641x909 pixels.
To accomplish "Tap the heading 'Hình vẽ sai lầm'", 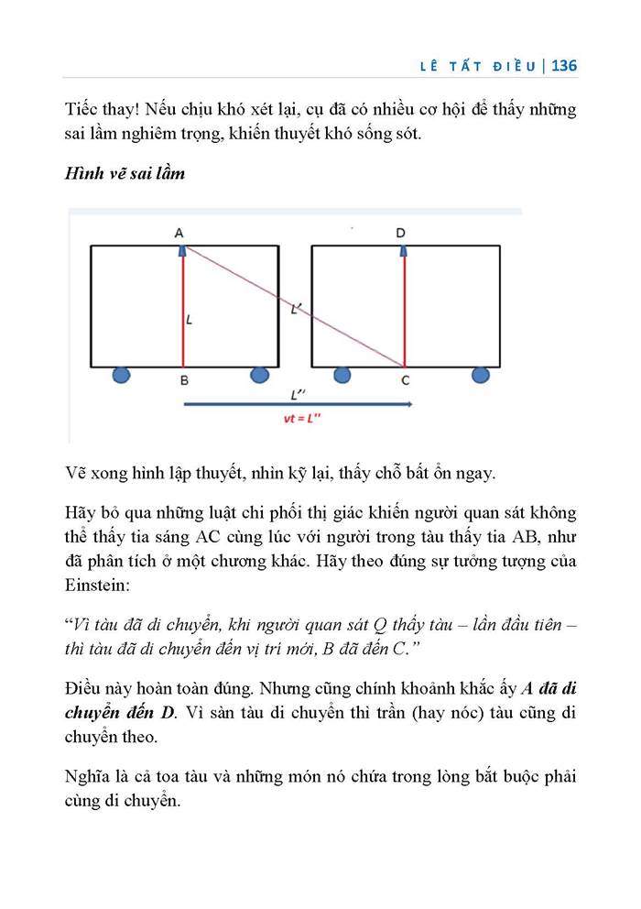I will (124, 173).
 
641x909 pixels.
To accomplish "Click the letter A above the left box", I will (179, 233).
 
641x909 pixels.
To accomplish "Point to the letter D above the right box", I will (401, 233).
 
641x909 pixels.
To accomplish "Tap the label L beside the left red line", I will (189, 321).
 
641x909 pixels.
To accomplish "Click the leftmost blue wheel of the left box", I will (120, 374).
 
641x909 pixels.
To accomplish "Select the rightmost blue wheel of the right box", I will (480, 374).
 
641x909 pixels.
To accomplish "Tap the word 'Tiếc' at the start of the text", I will (81, 110).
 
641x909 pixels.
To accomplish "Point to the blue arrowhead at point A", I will (182, 248).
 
